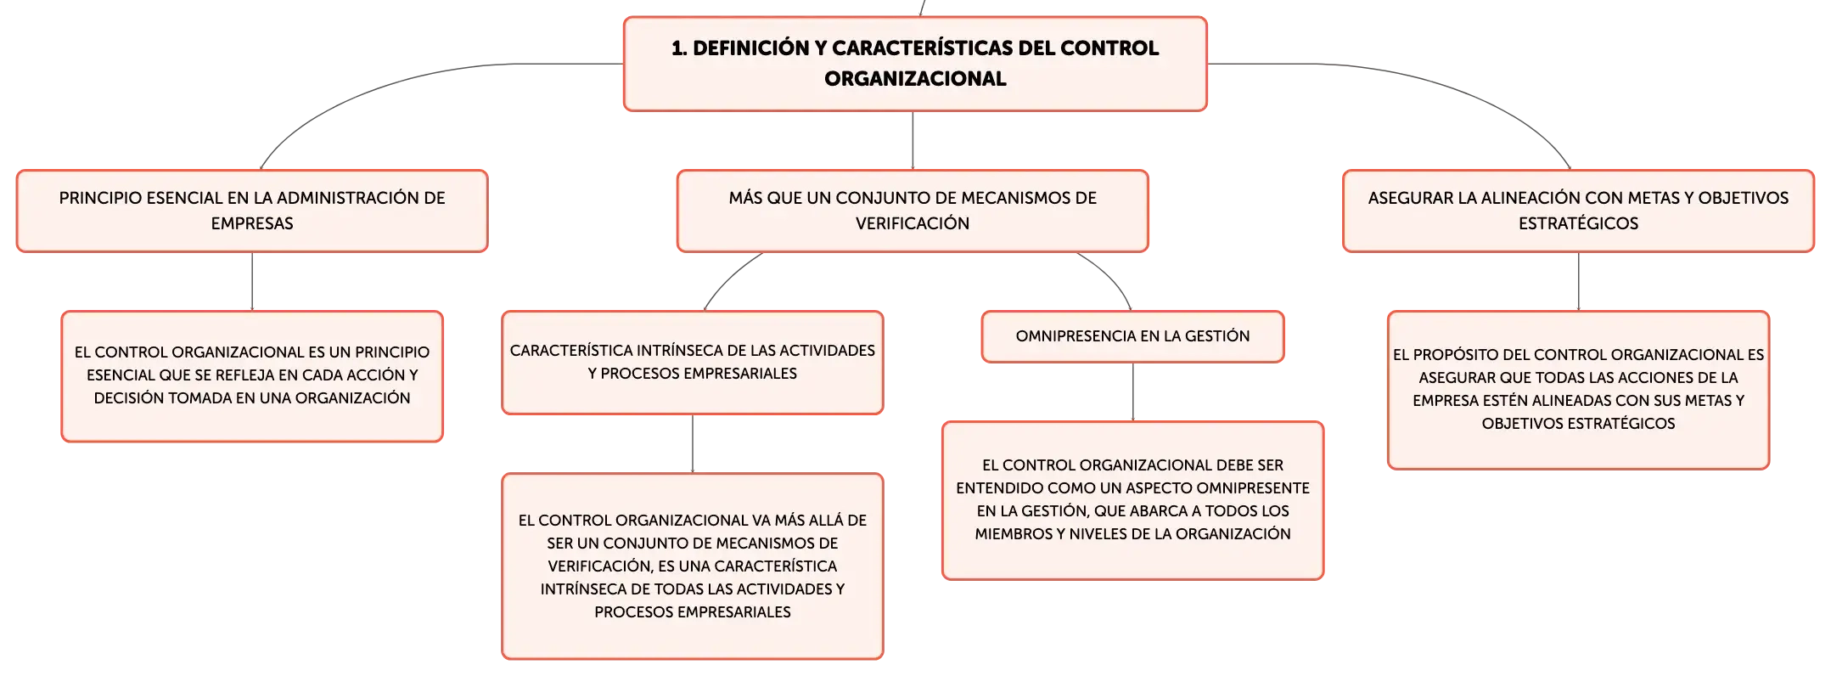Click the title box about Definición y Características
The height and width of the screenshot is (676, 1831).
coord(915,64)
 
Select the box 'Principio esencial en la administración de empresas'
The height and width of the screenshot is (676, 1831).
coord(252,211)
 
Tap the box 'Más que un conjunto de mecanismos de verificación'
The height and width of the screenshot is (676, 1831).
coord(913,211)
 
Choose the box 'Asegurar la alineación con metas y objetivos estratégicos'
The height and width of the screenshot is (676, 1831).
coord(1578,211)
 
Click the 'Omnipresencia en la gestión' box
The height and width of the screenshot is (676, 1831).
coord(1132,336)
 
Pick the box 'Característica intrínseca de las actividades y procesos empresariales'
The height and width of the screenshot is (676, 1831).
coord(693,363)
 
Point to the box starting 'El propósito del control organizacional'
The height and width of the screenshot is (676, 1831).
coord(1578,390)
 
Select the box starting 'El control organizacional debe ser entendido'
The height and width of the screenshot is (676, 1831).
coord(1132,500)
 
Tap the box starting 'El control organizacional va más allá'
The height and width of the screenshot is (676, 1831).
coord(693,566)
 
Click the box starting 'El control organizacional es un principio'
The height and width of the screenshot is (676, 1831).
coord(252,376)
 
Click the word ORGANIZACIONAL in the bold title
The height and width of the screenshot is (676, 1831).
coord(915,79)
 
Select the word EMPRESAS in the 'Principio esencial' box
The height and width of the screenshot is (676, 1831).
coord(252,223)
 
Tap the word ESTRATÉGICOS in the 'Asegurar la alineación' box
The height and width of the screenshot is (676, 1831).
coord(1578,223)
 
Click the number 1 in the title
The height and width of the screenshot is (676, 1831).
coord(677,48)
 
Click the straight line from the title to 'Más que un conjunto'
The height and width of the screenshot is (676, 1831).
coord(913,140)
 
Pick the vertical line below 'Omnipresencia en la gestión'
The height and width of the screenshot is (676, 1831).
coord(1132,392)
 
